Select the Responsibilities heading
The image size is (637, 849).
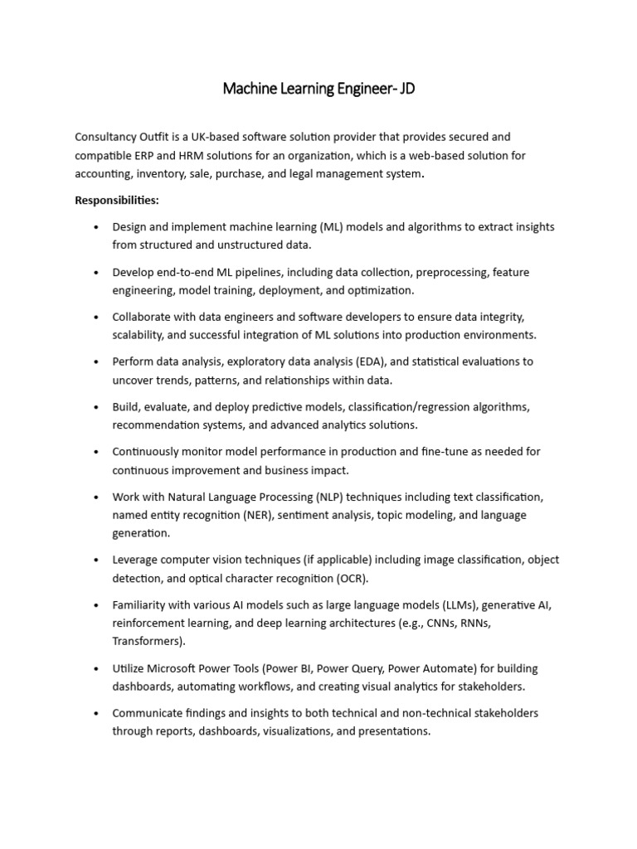click(x=117, y=200)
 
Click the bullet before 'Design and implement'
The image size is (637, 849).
click(x=97, y=227)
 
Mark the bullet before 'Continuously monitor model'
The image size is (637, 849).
click(x=97, y=452)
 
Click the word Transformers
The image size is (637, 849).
click(x=148, y=641)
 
